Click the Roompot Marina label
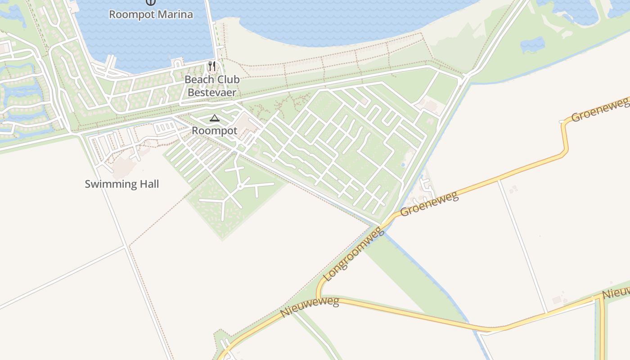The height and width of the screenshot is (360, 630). pos(151,14)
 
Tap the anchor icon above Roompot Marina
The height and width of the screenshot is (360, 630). pos(151,2)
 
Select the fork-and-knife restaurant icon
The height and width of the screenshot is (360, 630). pos(212,66)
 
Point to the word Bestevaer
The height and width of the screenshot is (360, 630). pos(212,93)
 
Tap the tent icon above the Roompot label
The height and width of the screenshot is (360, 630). pos(215,118)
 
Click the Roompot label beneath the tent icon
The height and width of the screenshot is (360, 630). pos(215,130)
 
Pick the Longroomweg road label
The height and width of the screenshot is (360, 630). pos(354,255)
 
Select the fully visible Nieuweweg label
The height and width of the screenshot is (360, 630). pos(310,307)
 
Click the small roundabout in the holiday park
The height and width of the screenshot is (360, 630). pos(240,186)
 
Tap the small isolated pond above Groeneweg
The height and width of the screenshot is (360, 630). pos(532,44)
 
